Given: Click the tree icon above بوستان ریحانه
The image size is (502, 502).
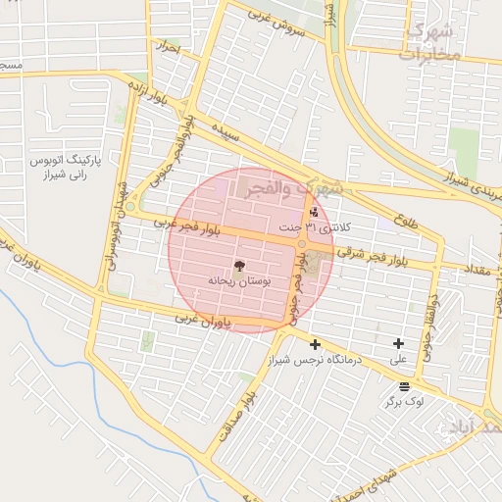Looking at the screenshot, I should tap(239, 265).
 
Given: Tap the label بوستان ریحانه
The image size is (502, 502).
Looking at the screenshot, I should tap(240, 280).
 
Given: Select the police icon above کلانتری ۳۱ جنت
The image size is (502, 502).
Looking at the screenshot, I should tap(314, 212).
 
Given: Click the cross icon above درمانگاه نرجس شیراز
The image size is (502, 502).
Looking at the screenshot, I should tap(315, 344).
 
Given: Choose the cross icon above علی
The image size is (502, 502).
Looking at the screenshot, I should tap(398, 343).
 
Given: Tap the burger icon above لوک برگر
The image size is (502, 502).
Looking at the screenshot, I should tap(404, 387).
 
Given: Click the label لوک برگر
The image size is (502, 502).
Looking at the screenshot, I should tap(404, 402).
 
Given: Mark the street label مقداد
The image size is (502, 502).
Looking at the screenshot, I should tap(460, 269).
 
